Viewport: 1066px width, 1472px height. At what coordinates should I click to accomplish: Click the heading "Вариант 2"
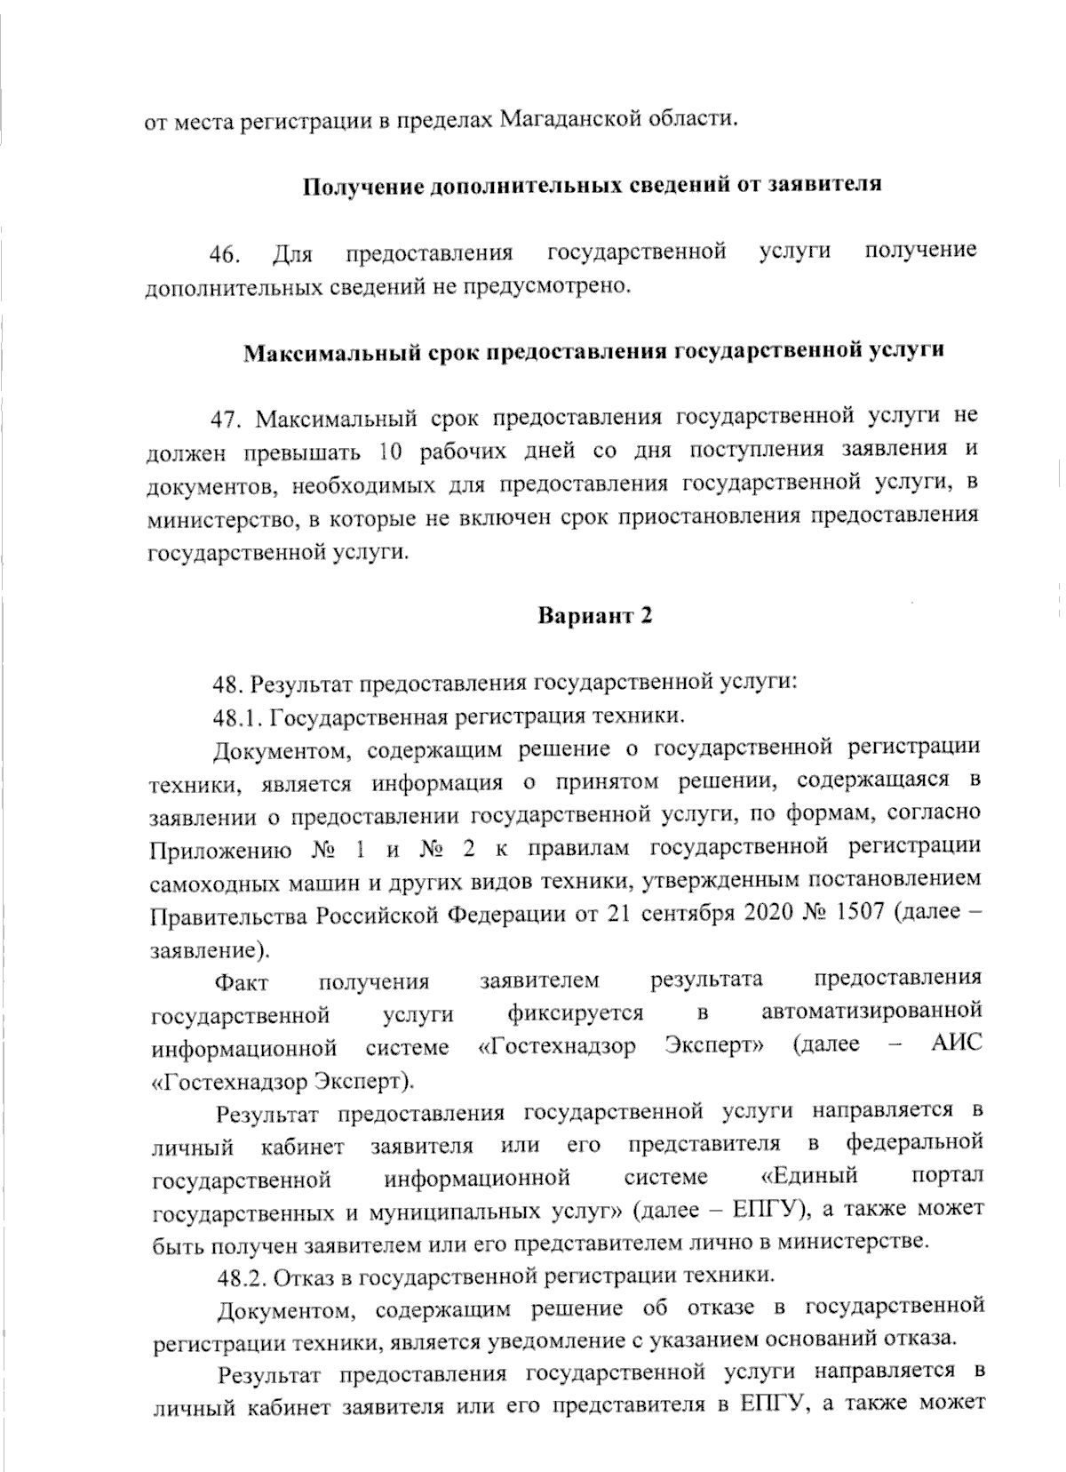pos(595,616)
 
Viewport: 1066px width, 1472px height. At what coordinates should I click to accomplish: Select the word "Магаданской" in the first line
pos(567,118)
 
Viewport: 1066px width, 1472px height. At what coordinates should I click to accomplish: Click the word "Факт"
pos(242,982)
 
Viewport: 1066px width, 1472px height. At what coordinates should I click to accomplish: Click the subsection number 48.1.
pos(238,716)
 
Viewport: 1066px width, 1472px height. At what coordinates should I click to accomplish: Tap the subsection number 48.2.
pos(242,1277)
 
